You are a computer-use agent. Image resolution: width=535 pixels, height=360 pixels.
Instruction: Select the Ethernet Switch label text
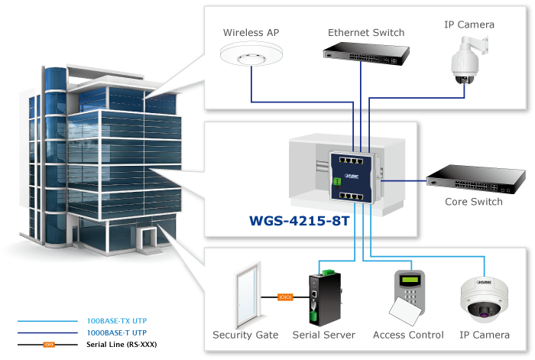click(x=366, y=33)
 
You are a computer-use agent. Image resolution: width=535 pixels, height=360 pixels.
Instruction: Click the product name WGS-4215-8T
click(x=300, y=222)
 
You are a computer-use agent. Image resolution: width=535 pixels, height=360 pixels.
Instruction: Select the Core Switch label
click(x=474, y=202)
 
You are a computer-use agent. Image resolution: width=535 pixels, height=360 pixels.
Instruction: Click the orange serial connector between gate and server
click(x=284, y=297)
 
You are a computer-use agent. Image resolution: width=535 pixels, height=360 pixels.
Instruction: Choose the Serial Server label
click(x=323, y=335)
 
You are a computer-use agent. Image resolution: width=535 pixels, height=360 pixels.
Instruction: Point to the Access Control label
click(x=408, y=335)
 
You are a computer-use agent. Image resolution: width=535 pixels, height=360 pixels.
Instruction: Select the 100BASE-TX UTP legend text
click(x=115, y=322)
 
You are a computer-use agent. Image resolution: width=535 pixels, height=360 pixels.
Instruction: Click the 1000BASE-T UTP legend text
click(x=115, y=333)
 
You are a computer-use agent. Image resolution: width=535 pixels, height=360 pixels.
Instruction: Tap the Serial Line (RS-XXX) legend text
click(x=122, y=345)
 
